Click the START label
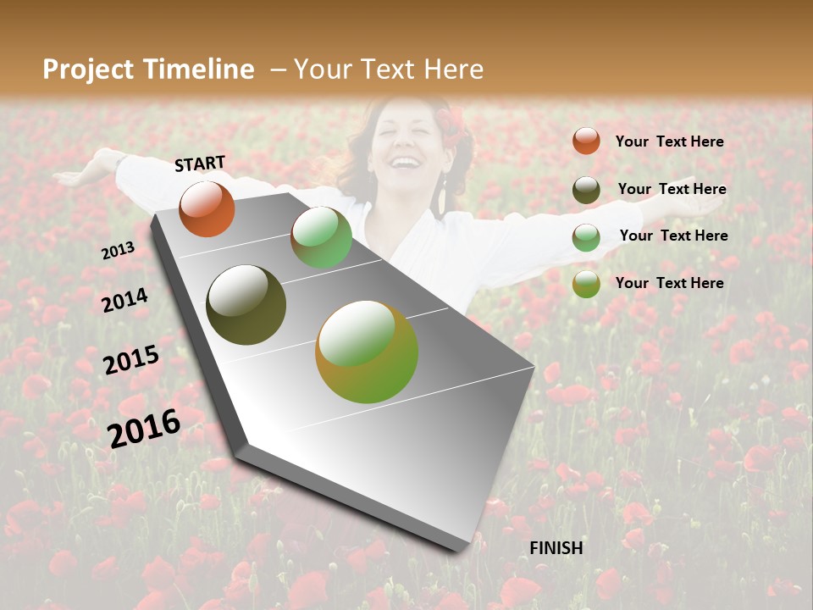pos(200,164)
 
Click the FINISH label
pos(556,548)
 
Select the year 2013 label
pos(119,250)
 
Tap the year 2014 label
pos(124,300)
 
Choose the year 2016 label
pos(144,428)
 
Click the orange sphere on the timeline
pos(207,208)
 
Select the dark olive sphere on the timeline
pos(246,305)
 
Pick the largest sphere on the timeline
pos(367,352)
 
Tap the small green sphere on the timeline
pos(321,237)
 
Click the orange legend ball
pos(586,141)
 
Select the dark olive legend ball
pos(586,189)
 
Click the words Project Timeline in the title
pos(148,69)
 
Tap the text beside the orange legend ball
pos(669,141)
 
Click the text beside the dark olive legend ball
pos(672,189)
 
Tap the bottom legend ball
pos(586,284)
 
